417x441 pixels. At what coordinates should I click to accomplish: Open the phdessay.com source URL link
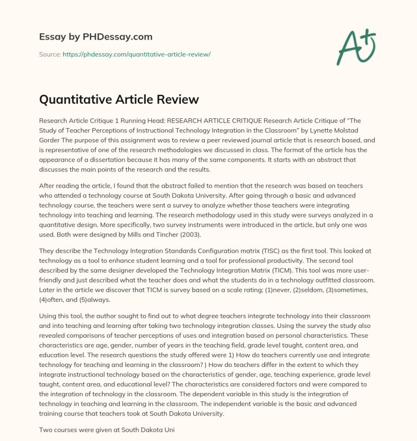click(x=137, y=54)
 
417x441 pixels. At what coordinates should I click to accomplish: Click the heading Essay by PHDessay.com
click(x=96, y=37)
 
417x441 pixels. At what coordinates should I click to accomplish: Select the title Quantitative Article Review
click(x=119, y=99)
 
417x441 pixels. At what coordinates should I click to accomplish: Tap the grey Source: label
click(x=50, y=54)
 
